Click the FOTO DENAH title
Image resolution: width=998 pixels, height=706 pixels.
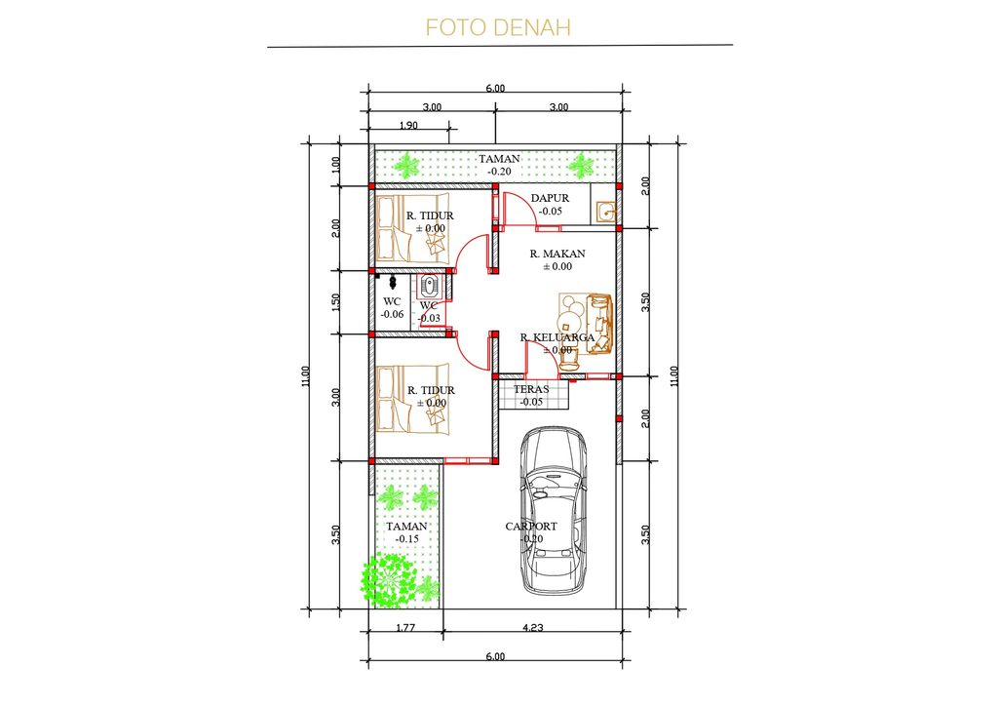tap(498, 27)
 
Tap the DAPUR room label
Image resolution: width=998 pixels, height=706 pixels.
tap(550, 198)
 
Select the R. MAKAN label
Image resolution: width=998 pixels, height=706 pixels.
tap(557, 254)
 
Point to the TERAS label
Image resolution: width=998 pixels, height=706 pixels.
tap(531, 389)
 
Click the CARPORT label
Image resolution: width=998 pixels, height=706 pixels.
tap(531, 527)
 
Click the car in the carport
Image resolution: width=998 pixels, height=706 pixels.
tap(554, 511)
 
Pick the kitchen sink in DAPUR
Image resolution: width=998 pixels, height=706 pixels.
tap(605, 211)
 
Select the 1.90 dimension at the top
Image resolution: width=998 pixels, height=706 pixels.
tap(408, 126)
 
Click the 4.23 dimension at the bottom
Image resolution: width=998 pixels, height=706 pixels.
tap(533, 627)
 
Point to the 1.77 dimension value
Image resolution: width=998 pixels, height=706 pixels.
tap(405, 627)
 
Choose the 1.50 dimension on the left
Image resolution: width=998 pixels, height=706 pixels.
tap(336, 301)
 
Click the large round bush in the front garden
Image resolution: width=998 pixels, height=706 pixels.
tap(388, 580)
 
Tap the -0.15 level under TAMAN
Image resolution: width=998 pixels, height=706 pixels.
tap(406, 538)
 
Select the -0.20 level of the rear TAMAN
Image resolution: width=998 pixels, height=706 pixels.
tap(499, 172)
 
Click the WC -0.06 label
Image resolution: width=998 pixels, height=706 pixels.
tap(392, 307)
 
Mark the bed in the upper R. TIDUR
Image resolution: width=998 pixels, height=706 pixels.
tap(412, 228)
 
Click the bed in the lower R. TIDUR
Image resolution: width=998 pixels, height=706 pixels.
tap(412, 399)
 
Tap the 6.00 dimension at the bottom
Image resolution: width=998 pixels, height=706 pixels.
tap(495, 656)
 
